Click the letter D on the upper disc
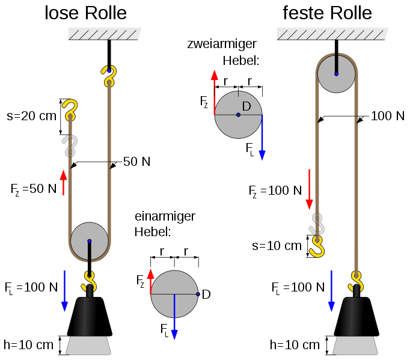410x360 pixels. click(x=246, y=106)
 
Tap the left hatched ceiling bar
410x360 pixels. click(x=105, y=34)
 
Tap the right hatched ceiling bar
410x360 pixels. click(x=332, y=34)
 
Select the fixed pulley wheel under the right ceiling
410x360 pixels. click(x=336, y=74)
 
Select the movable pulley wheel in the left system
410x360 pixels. click(x=90, y=241)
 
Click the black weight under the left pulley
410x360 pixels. click(x=85, y=316)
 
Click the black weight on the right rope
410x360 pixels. click(x=352, y=316)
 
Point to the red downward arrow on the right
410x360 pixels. click(x=309, y=189)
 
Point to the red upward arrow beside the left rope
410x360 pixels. click(x=64, y=182)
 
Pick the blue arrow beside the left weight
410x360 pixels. click(x=64, y=291)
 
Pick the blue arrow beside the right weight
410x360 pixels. click(x=331, y=291)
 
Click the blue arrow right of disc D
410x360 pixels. click(x=262, y=138)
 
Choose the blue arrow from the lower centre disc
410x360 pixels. click(x=174, y=319)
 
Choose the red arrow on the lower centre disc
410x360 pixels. click(x=150, y=280)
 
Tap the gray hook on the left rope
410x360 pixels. click(x=70, y=146)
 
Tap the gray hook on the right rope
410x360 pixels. click(x=317, y=224)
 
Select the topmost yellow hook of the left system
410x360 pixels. click(x=109, y=76)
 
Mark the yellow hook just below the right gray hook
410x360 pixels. click(x=317, y=246)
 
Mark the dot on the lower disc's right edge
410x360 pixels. click(x=198, y=294)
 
